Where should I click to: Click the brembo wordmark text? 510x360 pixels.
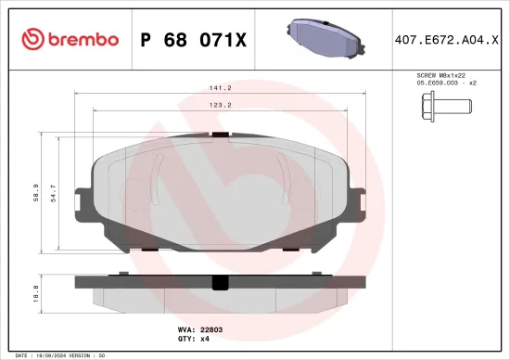click(x=83, y=39)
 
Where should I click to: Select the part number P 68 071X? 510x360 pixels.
click(x=193, y=39)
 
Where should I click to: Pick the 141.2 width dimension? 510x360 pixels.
click(x=219, y=89)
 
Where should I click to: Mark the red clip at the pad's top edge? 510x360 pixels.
click(x=220, y=135)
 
